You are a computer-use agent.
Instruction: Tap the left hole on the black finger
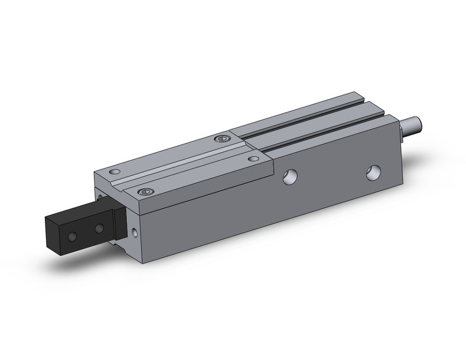[x=73, y=236]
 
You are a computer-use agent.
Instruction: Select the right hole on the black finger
[x=98, y=229]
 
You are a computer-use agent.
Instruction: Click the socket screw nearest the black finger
[x=145, y=193]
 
